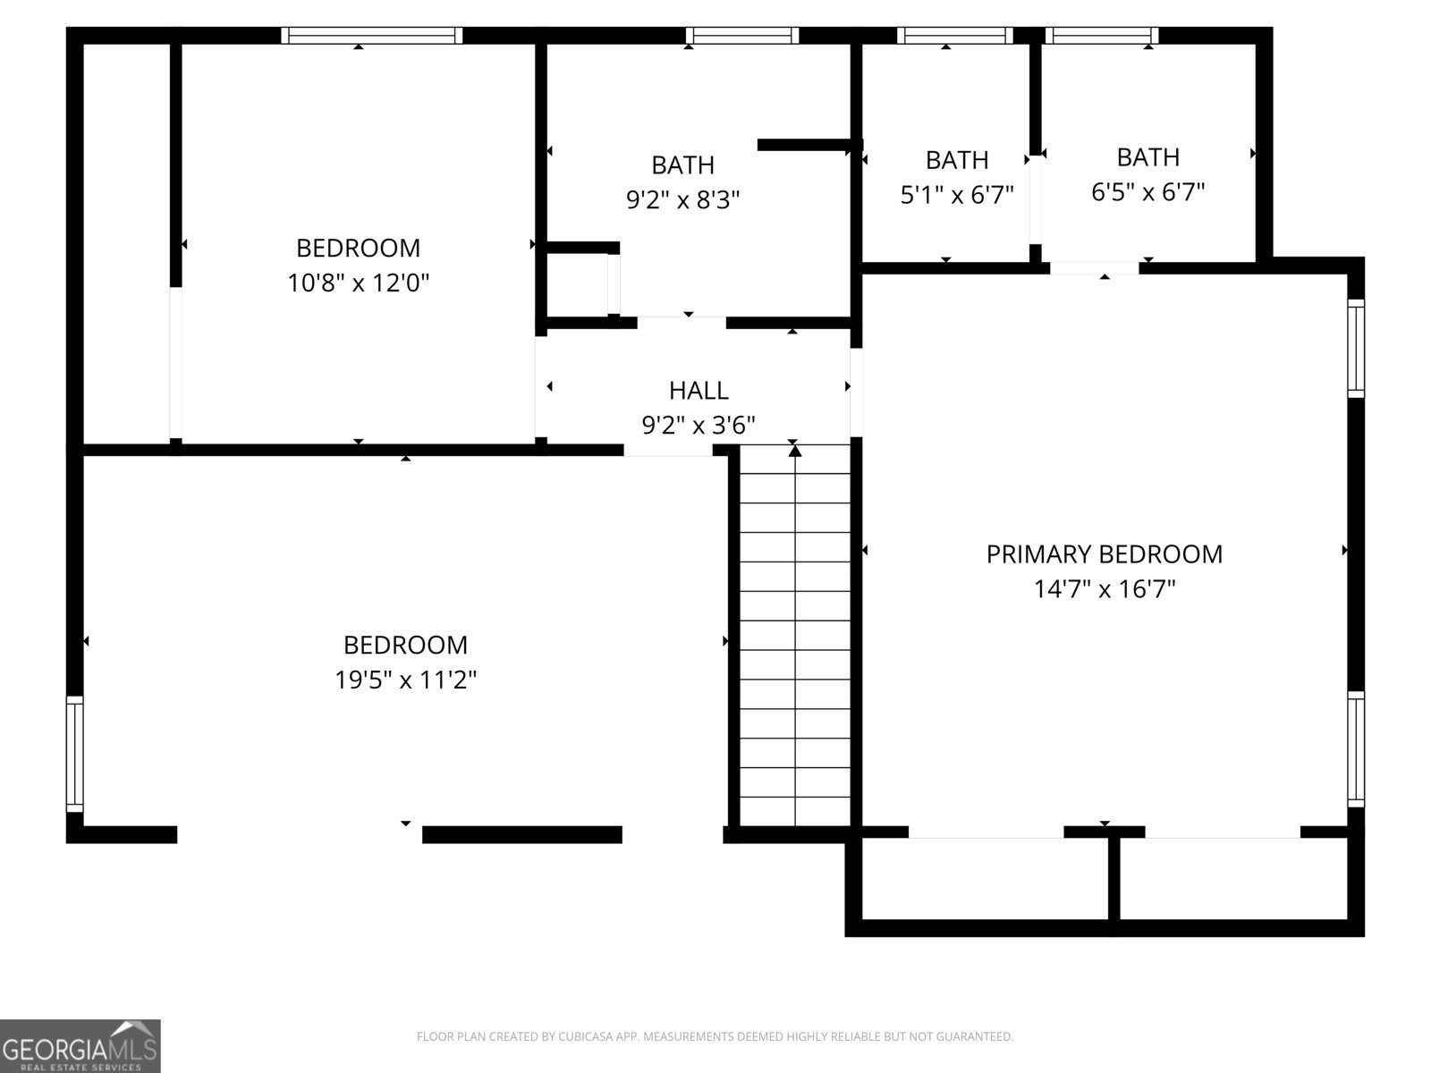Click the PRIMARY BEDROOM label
click(x=1104, y=554)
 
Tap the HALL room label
click(x=699, y=391)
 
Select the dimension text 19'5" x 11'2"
click(x=405, y=680)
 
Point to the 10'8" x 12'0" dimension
click(x=359, y=283)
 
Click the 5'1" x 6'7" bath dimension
click(x=957, y=195)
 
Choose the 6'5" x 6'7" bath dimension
click(x=1148, y=192)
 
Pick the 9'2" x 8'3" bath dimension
click(x=683, y=199)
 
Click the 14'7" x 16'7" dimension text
click(x=1105, y=589)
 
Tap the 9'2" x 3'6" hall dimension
click(x=699, y=426)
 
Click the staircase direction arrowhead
click(x=794, y=450)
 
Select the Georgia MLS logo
click(x=80, y=1045)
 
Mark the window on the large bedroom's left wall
click(x=75, y=755)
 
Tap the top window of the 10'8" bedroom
click(x=371, y=35)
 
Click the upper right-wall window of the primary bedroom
click(x=1356, y=349)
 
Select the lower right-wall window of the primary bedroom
click(x=1356, y=749)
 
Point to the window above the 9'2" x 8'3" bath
click(x=742, y=35)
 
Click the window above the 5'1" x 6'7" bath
click(x=955, y=35)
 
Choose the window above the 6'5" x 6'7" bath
click(x=1102, y=35)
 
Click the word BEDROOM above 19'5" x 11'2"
click(x=405, y=646)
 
